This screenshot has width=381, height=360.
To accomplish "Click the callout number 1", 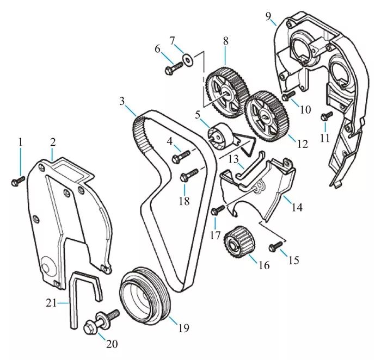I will click(x=20, y=142).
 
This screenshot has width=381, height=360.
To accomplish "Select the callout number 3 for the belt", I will click(x=122, y=101).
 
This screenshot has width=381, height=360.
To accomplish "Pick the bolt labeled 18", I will click(x=187, y=175).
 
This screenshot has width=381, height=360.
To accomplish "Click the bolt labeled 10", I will click(x=287, y=97).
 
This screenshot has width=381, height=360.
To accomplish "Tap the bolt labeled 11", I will click(x=328, y=116).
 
